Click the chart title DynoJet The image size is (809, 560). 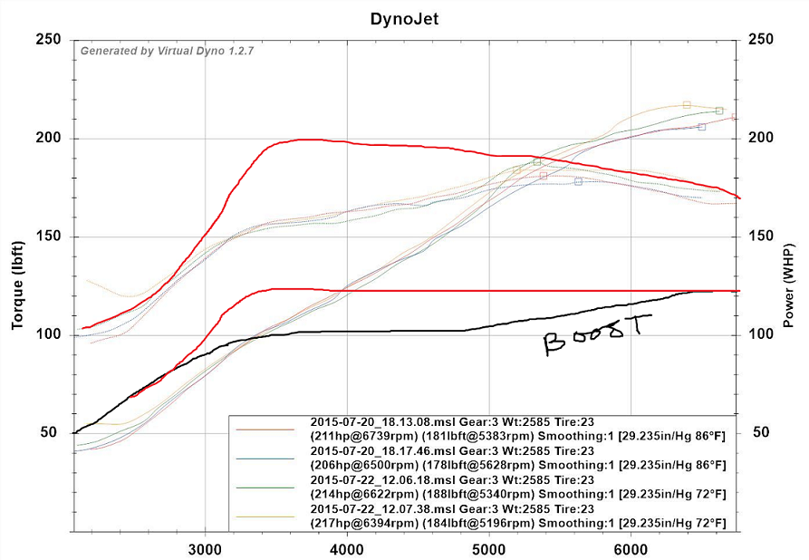[x=404, y=17]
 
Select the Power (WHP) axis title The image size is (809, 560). [x=788, y=285]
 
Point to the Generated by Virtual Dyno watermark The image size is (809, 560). [x=167, y=52]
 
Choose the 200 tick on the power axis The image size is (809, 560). [x=762, y=138]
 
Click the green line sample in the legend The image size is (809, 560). [x=265, y=488]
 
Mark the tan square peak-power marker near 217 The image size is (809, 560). [x=687, y=105]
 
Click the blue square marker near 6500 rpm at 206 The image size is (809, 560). [x=702, y=127]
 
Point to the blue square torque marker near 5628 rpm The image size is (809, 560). [x=578, y=182]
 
